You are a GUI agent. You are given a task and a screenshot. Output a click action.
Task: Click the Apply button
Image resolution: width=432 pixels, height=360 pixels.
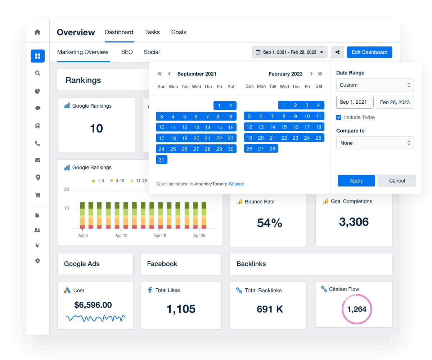click(x=356, y=181)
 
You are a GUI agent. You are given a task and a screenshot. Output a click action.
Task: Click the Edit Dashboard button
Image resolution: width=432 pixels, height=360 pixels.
click(x=369, y=52)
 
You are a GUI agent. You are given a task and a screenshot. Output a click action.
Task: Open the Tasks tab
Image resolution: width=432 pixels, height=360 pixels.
click(x=152, y=32)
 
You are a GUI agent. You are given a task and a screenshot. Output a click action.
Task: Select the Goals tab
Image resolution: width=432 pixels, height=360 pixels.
click(x=179, y=32)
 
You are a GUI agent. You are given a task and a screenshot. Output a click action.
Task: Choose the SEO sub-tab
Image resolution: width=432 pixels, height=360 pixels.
click(x=127, y=52)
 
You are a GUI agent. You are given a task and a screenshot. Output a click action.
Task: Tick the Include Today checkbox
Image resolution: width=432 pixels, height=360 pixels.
click(x=339, y=117)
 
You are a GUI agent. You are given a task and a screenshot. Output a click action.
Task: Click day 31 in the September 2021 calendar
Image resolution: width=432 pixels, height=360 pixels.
click(x=162, y=160)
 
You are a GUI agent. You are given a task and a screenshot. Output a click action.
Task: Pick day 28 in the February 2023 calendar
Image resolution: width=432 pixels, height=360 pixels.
click(x=273, y=149)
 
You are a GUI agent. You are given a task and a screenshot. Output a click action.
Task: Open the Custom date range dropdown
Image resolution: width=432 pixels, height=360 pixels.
click(x=375, y=85)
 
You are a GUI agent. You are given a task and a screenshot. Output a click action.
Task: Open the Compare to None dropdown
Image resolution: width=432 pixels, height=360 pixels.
click(x=375, y=143)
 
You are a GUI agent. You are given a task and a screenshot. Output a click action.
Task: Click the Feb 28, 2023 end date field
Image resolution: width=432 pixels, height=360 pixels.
click(x=395, y=102)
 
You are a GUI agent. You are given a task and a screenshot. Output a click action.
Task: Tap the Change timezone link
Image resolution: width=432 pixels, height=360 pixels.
click(x=237, y=184)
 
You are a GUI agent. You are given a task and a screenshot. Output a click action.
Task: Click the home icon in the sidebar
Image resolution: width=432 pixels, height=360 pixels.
click(x=37, y=32)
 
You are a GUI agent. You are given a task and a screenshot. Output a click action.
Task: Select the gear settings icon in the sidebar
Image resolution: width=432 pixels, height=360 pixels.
click(x=37, y=261)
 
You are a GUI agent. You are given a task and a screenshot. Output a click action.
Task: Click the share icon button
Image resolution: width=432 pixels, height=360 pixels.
click(x=337, y=52)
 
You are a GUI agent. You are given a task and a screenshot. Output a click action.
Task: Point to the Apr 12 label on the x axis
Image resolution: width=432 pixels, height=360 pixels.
click(x=121, y=235)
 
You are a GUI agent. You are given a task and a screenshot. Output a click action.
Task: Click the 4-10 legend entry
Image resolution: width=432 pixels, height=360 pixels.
click(x=117, y=181)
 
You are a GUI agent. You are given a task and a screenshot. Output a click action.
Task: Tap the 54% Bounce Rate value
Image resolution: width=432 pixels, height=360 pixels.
click(x=269, y=223)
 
